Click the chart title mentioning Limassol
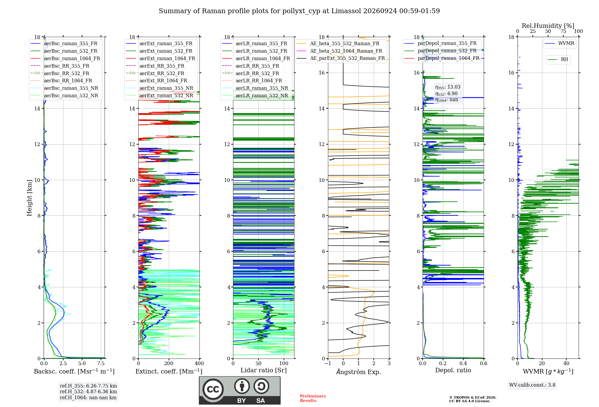coord(299,11)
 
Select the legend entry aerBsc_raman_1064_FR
coord(65,58)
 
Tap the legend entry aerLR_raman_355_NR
coord(255,88)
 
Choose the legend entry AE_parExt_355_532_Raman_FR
coord(341,58)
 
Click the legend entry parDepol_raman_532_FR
coord(440,51)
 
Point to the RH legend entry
coord(558,60)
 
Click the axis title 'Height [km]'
coord(29,198)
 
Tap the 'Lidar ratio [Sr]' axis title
coord(264,370)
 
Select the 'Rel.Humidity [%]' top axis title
coord(548,26)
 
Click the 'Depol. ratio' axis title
coord(453,370)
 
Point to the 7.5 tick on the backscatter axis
coord(101,363)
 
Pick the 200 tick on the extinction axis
coord(169,363)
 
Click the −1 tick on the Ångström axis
coord(328,363)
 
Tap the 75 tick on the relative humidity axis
coord(563,31)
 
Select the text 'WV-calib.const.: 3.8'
coord(532,385)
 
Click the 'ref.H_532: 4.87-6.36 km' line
coord(88,391)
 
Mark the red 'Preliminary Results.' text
coord(313,398)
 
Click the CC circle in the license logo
coord(213,389)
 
